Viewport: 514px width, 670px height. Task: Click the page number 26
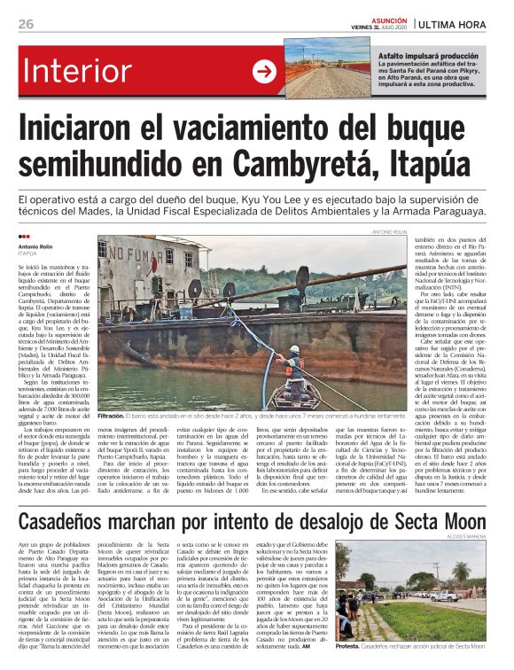pyautogui.click(x=25, y=23)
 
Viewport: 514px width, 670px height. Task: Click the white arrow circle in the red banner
pyautogui.click(x=264, y=72)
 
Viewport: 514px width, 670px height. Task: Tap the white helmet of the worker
pyautogui.click(x=293, y=349)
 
